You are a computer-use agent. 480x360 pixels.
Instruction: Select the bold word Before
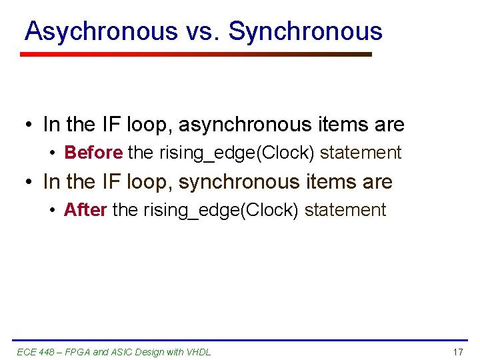point(93,153)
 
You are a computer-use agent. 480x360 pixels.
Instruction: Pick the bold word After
point(85,210)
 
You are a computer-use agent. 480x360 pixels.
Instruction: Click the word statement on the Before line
point(361,153)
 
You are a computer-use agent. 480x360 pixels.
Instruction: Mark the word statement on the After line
point(345,210)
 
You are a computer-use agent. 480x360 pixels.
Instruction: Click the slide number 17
point(457,351)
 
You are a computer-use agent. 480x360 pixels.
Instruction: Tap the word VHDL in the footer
point(199,351)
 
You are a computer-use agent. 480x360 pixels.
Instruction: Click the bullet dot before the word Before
point(52,153)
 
